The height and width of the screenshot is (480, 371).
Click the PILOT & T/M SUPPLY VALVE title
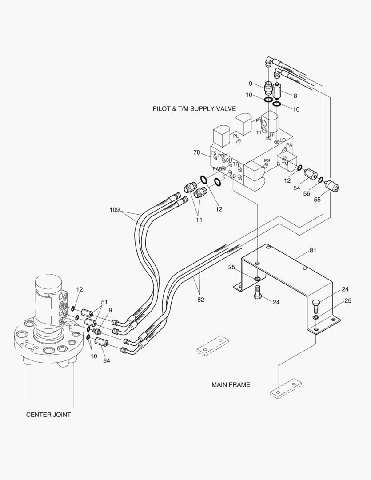click(194, 108)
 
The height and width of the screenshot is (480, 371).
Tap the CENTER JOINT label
click(48, 415)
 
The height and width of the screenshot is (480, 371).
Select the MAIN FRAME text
click(231, 384)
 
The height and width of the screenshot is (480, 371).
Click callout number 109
click(114, 210)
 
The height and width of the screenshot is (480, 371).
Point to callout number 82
click(201, 300)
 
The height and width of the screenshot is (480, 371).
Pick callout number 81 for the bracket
click(313, 251)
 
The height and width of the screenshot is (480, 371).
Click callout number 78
click(196, 153)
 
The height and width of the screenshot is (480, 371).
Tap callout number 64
click(107, 360)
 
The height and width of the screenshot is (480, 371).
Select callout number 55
click(317, 200)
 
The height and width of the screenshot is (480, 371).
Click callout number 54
click(297, 188)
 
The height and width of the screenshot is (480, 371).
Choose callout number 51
click(104, 302)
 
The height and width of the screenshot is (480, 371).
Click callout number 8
click(295, 96)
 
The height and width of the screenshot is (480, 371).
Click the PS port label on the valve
click(267, 160)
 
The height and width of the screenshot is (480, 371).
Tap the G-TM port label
click(282, 164)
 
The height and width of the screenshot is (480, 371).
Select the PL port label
click(236, 136)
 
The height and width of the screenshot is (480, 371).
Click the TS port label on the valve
click(213, 153)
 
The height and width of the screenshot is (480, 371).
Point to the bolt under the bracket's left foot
click(258, 293)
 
